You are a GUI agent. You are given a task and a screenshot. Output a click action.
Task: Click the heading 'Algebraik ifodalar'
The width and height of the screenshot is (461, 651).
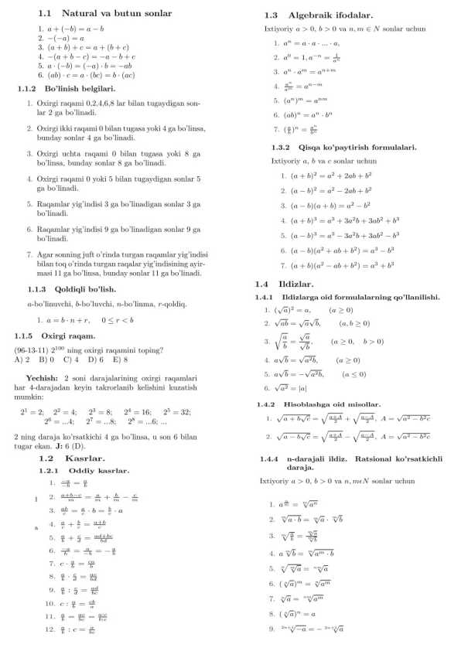330,15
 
